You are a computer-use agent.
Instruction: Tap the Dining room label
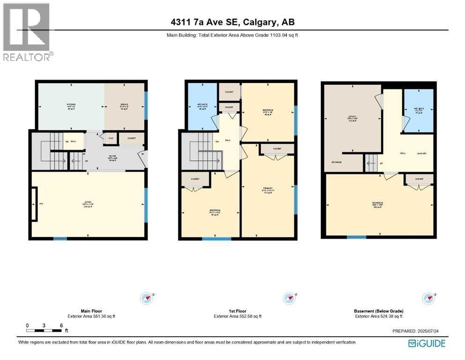[x=124, y=106]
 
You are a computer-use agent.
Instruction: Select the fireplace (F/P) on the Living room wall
[x=35, y=204]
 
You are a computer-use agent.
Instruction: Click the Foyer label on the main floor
[x=112, y=157]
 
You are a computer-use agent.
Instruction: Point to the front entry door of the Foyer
[x=146, y=159]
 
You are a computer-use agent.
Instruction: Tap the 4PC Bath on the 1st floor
[x=202, y=106]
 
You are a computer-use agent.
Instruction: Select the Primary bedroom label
[x=267, y=191]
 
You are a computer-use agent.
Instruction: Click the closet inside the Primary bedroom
[x=277, y=149]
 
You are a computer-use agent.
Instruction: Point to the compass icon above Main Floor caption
[x=147, y=298]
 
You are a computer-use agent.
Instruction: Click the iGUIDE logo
[x=427, y=343]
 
